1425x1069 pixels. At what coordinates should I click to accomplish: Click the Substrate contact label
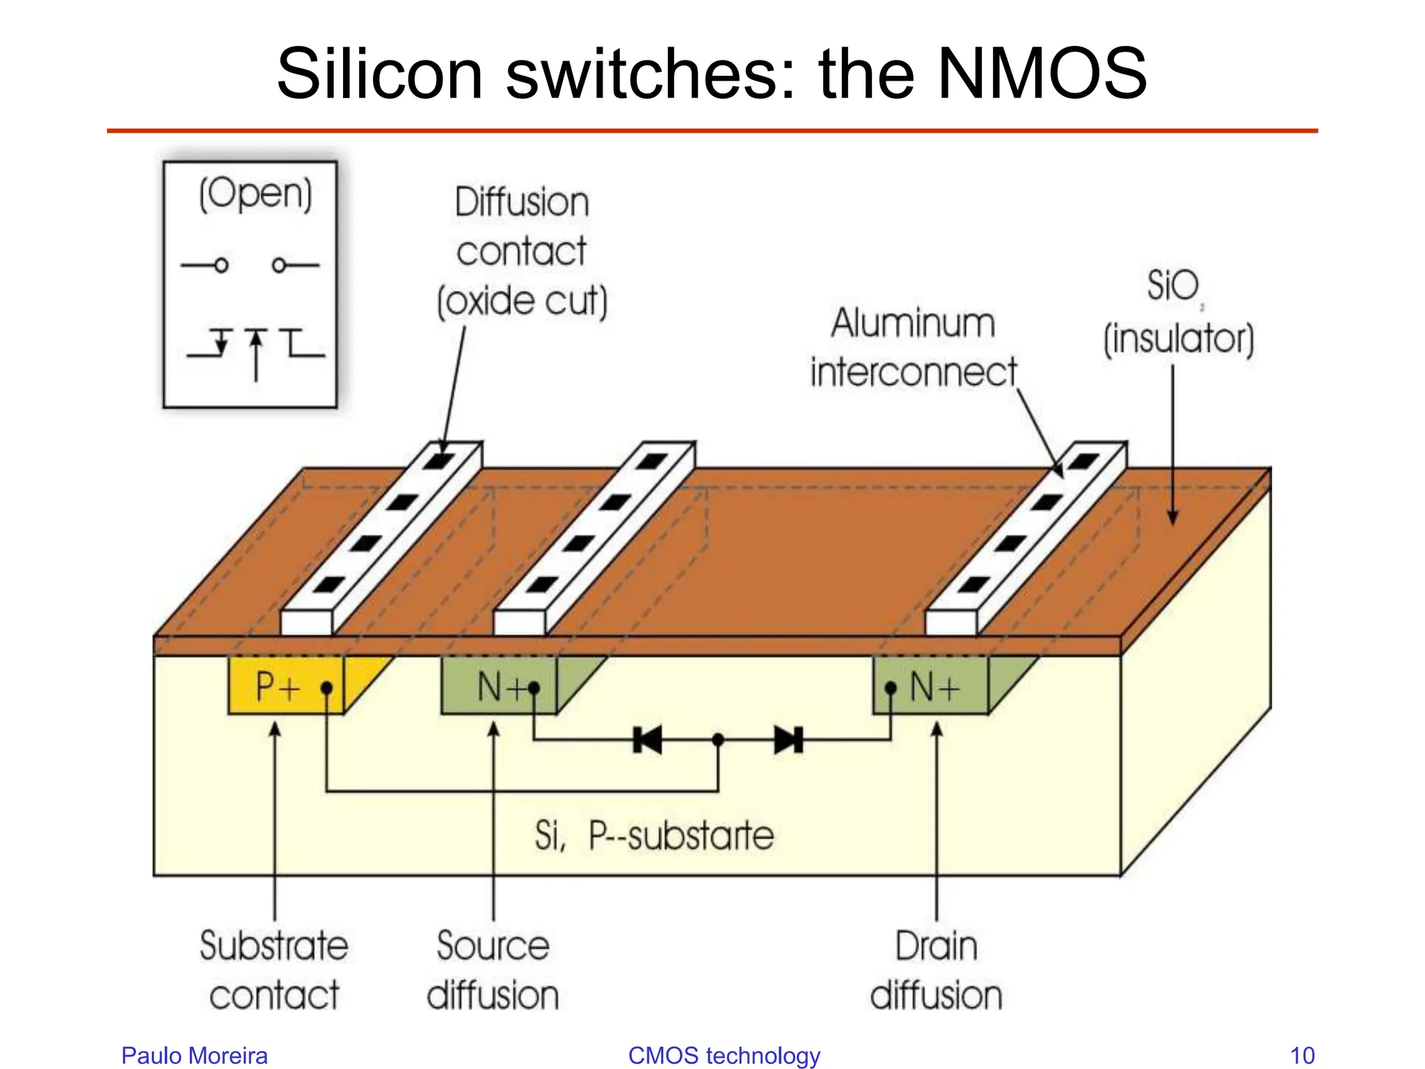[x=274, y=970]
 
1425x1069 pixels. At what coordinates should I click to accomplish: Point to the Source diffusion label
[x=493, y=970]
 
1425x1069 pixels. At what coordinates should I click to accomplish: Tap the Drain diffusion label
[x=936, y=970]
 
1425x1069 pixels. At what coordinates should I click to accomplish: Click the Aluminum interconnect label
[x=913, y=347]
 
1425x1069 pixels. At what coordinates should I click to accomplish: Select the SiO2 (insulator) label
[x=1178, y=313]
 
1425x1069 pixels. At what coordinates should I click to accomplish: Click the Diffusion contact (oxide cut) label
[x=522, y=251]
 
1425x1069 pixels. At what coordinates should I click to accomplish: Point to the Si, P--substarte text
[x=653, y=835]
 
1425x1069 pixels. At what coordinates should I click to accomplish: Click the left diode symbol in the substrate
[x=648, y=740]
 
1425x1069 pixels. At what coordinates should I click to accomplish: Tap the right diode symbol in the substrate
[x=788, y=740]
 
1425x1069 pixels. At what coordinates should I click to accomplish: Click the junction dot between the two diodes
[x=718, y=740]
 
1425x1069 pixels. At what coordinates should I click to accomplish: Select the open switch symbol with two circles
[x=250, y=265]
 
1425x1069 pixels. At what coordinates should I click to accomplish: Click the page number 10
[x=1302, y=1055]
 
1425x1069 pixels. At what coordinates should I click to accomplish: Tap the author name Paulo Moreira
[x=194, y=1055]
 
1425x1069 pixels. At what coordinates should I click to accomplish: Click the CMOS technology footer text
[x=724, y=1055]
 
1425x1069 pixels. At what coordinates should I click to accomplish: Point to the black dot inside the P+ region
[x=326, y=688]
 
